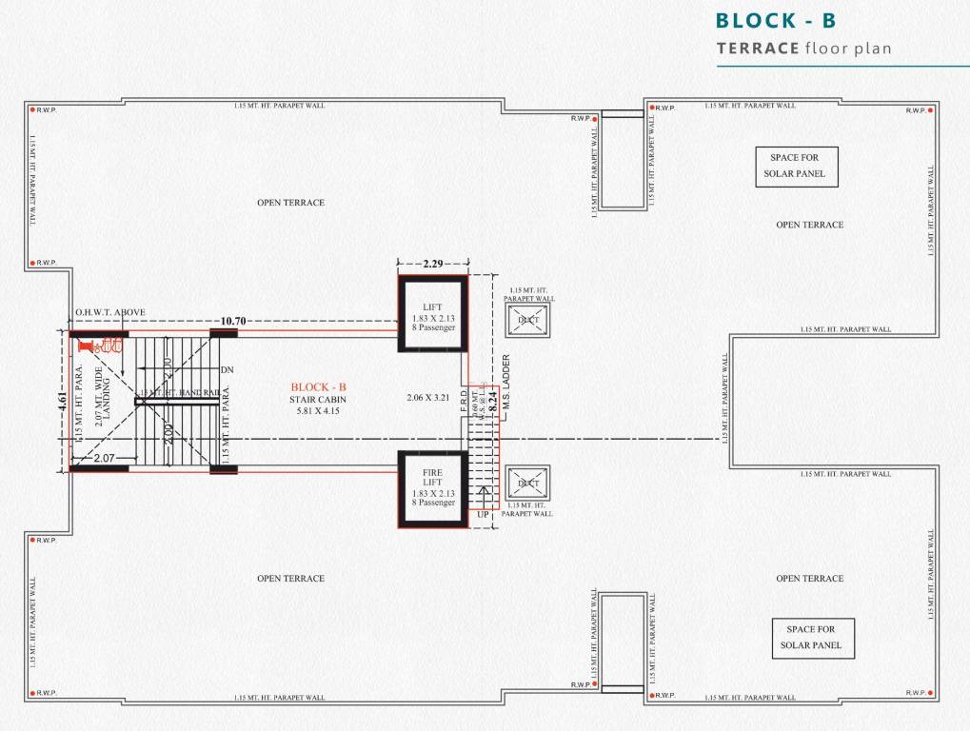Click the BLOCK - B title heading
tap(775, 21)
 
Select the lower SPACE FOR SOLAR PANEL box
tap(813, 638)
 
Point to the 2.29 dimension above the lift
tap(432, 262)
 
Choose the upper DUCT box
tap(527, 319)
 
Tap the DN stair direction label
tap(227, 369)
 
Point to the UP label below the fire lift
tap(483, 514)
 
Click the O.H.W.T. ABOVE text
tap(110, 312)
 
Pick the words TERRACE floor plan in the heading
tap(803, 48)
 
